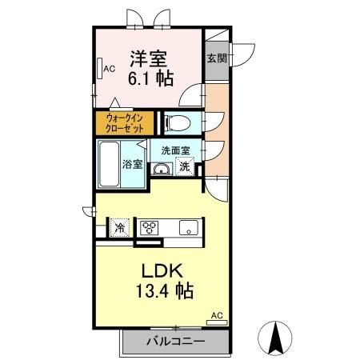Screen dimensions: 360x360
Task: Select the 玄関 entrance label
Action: tap(216, 58)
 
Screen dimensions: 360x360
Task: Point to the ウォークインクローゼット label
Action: tap(126, 124)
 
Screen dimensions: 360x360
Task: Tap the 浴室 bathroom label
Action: tap(133, 165)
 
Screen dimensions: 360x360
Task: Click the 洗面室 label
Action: tap(175, 150)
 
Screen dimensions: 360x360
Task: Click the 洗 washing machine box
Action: tap(185, 167)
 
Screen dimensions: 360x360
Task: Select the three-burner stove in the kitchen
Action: tap(150, 226)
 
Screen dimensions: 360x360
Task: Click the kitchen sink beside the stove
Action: tap(189, 226)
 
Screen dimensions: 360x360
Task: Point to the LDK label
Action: tap(164, 270)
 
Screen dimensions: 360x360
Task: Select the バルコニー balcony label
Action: tap(175, 342)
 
